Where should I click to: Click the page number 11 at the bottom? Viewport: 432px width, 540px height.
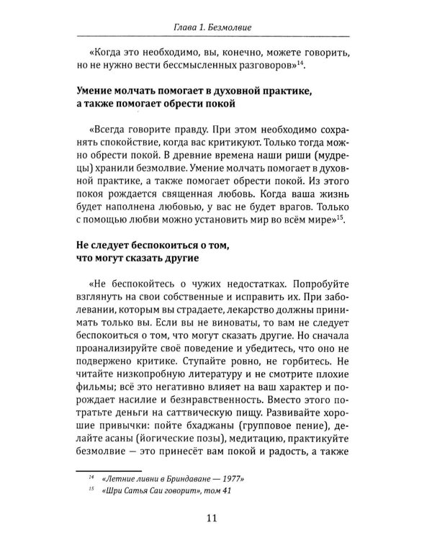(x=216, y=516)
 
